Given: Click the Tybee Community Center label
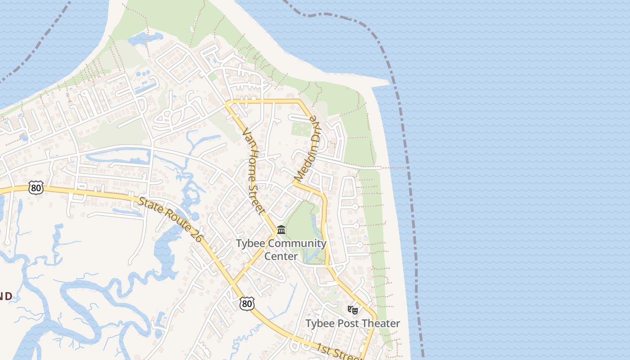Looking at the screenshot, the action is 281,250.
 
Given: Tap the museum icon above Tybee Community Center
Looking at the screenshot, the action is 281,230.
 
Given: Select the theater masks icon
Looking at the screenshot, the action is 353,310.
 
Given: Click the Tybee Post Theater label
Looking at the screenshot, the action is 352,324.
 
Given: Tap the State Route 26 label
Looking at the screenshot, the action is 170,219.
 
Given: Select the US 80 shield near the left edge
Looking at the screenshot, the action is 36,188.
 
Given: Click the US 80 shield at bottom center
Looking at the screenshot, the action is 247,304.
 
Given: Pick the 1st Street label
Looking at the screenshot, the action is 337,351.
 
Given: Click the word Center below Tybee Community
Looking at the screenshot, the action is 281,256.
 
